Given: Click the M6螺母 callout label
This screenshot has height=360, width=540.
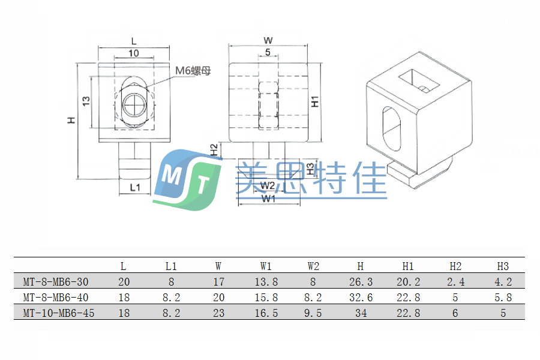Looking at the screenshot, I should [193, 71].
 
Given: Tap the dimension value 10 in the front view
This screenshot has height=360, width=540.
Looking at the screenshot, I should [133, 53].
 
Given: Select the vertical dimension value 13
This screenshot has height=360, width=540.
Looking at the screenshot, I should [86, 101].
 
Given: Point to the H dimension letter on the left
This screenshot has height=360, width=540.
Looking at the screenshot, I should [71, 120].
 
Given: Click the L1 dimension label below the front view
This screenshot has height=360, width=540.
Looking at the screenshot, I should [135, 187].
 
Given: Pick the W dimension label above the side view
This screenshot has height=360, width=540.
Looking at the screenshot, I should [268, 40].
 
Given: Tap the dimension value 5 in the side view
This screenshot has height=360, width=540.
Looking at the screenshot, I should [267, 53].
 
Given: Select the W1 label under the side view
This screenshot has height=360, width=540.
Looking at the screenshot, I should [268, 198].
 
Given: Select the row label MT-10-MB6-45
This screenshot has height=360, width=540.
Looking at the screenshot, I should [58, 313].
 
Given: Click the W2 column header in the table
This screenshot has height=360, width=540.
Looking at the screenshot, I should [313, 266].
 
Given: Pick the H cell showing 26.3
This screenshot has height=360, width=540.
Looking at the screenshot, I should [360, 281].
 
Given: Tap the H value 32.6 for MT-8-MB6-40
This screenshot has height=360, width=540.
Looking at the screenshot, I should [360, 297].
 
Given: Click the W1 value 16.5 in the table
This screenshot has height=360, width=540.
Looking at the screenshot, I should [266, 313].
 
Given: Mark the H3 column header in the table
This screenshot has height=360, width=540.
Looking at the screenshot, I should [503, 266].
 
